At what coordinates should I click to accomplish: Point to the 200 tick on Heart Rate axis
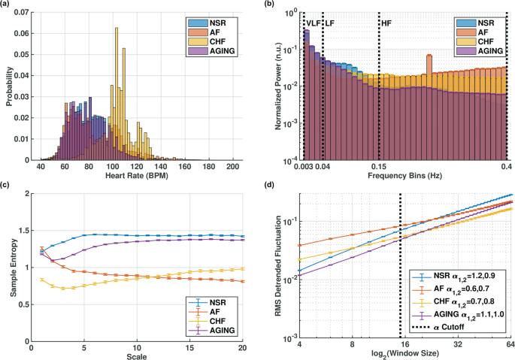coord(233,166)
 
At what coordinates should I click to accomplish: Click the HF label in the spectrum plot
coord(386,24)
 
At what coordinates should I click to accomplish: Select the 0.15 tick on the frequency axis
coord(378,167)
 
